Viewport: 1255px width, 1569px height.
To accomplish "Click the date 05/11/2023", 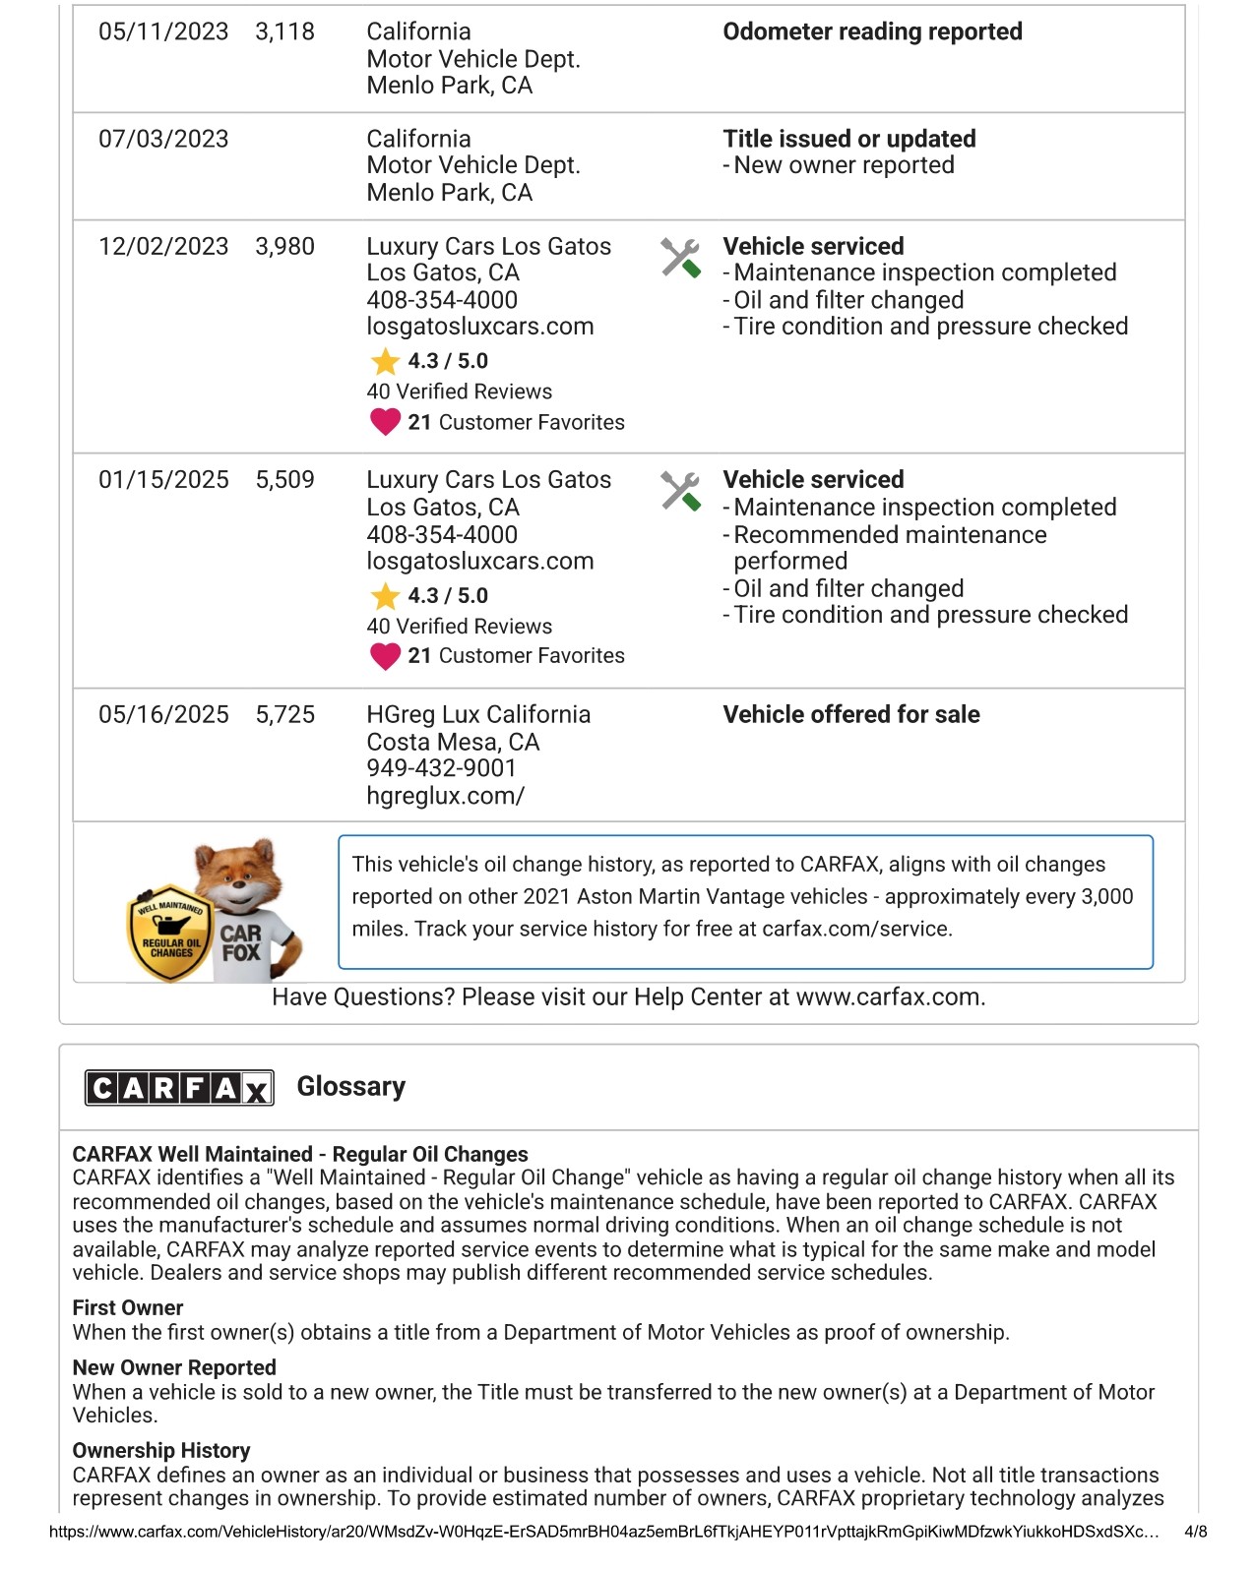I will click(x=163, y=31).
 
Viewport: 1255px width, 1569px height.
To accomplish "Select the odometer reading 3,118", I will click(x=284, y=31).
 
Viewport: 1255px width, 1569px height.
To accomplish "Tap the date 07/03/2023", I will click(x=163, y=139).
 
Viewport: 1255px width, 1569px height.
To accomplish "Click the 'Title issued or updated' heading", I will click(x=848, y=139).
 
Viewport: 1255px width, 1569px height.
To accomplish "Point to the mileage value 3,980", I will click(x=284, y=246).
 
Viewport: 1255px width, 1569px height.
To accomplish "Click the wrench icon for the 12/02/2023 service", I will click(x=680, y=258).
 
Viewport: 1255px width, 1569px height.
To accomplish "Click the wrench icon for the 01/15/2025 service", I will click(x=680, y=491).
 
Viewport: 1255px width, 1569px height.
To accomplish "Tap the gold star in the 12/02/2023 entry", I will click(x=385, y=362).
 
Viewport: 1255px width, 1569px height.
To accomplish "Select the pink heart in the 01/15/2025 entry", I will click(x=385, y=655).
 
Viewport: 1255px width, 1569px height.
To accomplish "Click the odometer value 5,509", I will click(x=284, y=480).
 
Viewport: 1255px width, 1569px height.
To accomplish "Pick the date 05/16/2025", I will click(x=163, y=714).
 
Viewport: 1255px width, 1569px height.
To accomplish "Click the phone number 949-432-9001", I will click(x=441, y=768).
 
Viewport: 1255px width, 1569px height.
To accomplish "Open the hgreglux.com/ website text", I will click(x=445, y=796).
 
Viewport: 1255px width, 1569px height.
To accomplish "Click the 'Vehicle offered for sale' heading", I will click(x=850, y=714).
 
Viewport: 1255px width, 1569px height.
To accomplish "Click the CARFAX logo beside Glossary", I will click(x=179, y=1087).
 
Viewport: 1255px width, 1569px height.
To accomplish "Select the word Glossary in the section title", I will click(x=350, y=1087).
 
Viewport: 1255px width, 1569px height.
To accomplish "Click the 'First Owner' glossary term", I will click(x=128, y=1308).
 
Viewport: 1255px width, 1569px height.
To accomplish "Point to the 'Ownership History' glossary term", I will click(x=161, y=1451).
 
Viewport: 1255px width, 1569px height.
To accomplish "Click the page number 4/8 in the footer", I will click(x=1195, y=1532).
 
